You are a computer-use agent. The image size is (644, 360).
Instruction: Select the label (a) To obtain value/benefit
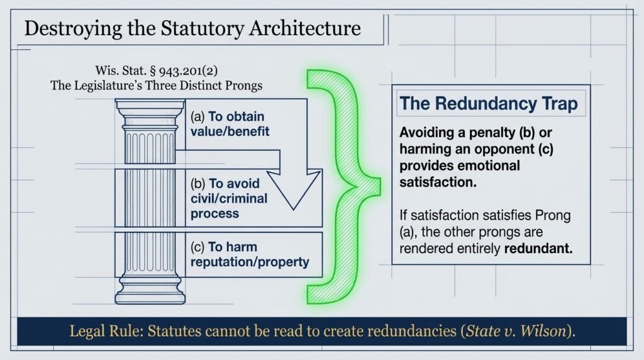click(x=227, y=123)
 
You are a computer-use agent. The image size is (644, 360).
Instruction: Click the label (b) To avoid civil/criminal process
click(x=228, y=198)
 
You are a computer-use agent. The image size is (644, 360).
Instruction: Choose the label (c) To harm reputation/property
click(x=249, y=254)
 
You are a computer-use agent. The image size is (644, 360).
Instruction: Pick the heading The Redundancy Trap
click(x=489, y=103)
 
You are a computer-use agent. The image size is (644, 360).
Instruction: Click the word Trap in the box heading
click(x=558, y=103)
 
